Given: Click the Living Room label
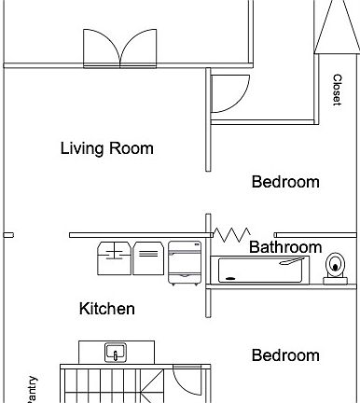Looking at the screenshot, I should pos(106,148).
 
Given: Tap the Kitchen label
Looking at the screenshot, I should pos(106,309).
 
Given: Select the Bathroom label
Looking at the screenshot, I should pos(284,248).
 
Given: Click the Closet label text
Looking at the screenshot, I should pos(337,90).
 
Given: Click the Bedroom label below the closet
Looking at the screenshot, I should pos(285,182).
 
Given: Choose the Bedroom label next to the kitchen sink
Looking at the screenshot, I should pos(285,355).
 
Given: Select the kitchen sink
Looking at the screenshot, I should pos(116,353).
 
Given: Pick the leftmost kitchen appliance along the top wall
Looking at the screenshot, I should pos(114,258).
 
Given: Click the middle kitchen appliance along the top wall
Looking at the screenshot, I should pos(147,258).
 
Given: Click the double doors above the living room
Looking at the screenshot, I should pos(120,48).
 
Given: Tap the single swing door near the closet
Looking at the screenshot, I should pos(228,92).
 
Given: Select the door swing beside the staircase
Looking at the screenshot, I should pos(184,383).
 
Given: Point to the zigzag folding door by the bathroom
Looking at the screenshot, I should pos(228,234).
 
